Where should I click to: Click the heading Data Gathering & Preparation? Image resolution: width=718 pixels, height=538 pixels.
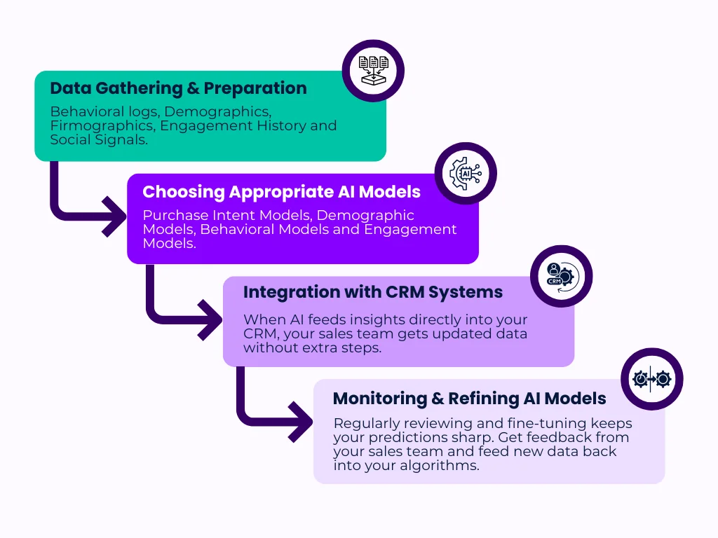coord(178,89)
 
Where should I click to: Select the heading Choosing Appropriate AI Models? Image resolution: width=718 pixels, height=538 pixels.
coord(281,192)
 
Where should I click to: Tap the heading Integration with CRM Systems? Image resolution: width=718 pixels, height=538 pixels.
coord(373,293)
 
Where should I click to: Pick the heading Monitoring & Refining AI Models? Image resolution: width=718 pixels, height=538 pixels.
coord(469,399)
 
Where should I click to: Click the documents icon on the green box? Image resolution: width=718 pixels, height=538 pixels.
coord(373,71)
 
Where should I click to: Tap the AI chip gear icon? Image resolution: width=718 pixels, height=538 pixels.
coord(465,174)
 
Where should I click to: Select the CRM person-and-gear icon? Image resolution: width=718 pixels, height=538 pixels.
coord(561,276)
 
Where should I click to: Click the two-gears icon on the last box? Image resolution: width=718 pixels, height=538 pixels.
coord(651,379)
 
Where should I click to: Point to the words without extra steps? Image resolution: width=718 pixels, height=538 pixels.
coord(312,347)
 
